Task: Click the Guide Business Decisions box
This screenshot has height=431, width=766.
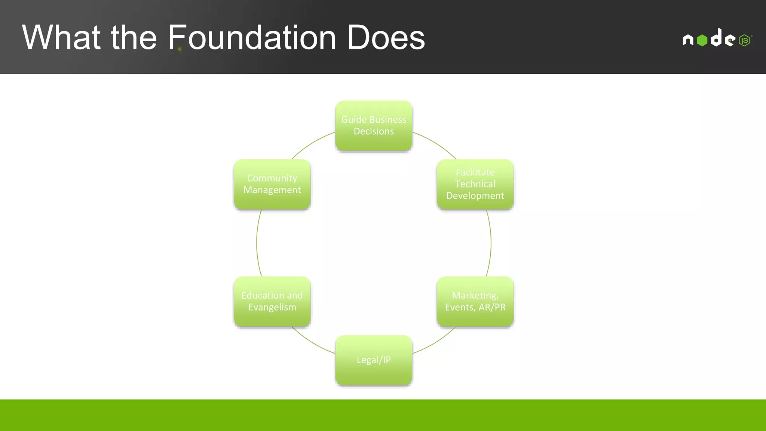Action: click(x=374, y=126)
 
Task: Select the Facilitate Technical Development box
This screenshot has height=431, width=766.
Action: click(x=475, y=184)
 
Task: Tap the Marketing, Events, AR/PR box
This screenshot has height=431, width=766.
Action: click(x=475, y=301)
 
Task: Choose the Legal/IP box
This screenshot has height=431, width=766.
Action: click(x=374, y=360)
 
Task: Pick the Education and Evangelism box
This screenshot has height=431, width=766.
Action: click(x=272, y=301)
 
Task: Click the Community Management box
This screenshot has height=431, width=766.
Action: click(x=272, y=184)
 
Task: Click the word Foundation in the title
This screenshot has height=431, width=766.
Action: click(x=252, y=38)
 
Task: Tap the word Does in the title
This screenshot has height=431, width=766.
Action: click(x=386, y=38)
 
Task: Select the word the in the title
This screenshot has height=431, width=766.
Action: click(x=134, y=38)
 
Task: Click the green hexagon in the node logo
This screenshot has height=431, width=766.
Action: click(x=702, y=40)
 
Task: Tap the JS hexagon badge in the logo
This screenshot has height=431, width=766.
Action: click(x=744, y=40)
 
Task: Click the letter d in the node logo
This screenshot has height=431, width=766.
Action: click(x=716, y=38)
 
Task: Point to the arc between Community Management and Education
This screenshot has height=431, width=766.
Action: click(x=257, y=243)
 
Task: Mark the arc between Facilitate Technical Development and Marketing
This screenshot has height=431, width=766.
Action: click(x=491, y=243)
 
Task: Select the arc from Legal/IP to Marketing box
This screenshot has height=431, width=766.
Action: click(x=436, y=343)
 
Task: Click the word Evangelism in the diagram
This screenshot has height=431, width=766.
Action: click(x=272, y=307)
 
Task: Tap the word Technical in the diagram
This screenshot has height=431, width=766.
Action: click(x=475, y=184)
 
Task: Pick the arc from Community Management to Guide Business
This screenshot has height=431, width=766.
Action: click(x=312, y=143)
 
